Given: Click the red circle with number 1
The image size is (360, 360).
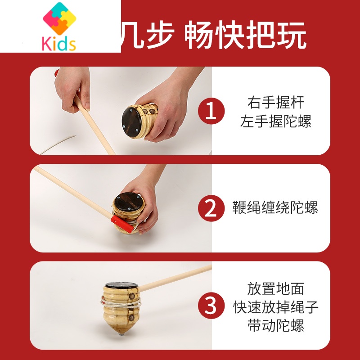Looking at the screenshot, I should pyautogui.click(x=211, y=111).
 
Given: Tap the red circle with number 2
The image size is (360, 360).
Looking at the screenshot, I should pyautogui.click(x=211, y=208).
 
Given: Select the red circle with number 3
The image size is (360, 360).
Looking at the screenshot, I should pyautogui.click(x=211, y=305).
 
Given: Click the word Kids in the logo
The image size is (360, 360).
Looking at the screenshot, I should pyautogui.click(x=59, y=44).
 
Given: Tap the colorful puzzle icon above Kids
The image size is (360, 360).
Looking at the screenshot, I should pyautogui.click(x=59, y=19).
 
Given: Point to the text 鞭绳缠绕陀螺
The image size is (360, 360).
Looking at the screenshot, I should pyautogui.click(x=275, y=208).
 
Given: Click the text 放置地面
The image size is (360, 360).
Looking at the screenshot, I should pyautogui.click(x=275, y=288).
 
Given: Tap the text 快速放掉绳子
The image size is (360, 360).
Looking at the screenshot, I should pyautogui.click(x=275, y=307).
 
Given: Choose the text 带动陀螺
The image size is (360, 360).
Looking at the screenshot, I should pyautogui.click(x=275, y=326).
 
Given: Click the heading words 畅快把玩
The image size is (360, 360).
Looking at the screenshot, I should pyautogui.click(x=245, y=36).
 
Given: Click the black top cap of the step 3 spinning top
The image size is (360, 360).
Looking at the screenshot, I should pyautogui.click(x=121, y=287).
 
